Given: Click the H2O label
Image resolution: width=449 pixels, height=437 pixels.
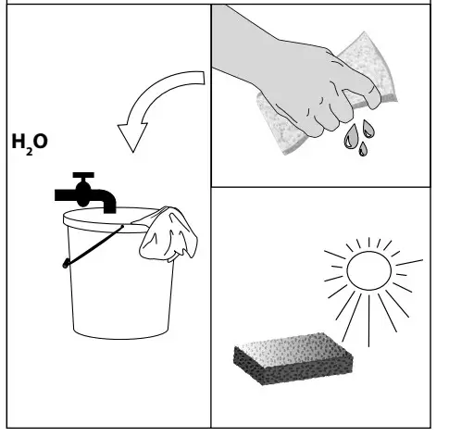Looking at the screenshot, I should [x=28, y=144].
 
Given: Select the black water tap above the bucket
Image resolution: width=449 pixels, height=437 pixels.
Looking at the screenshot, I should [x=86, y=193].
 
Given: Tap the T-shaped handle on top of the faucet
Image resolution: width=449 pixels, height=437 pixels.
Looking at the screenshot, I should [x=83, y=177].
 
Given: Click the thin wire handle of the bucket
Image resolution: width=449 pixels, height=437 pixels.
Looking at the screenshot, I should [x=93, y=246].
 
